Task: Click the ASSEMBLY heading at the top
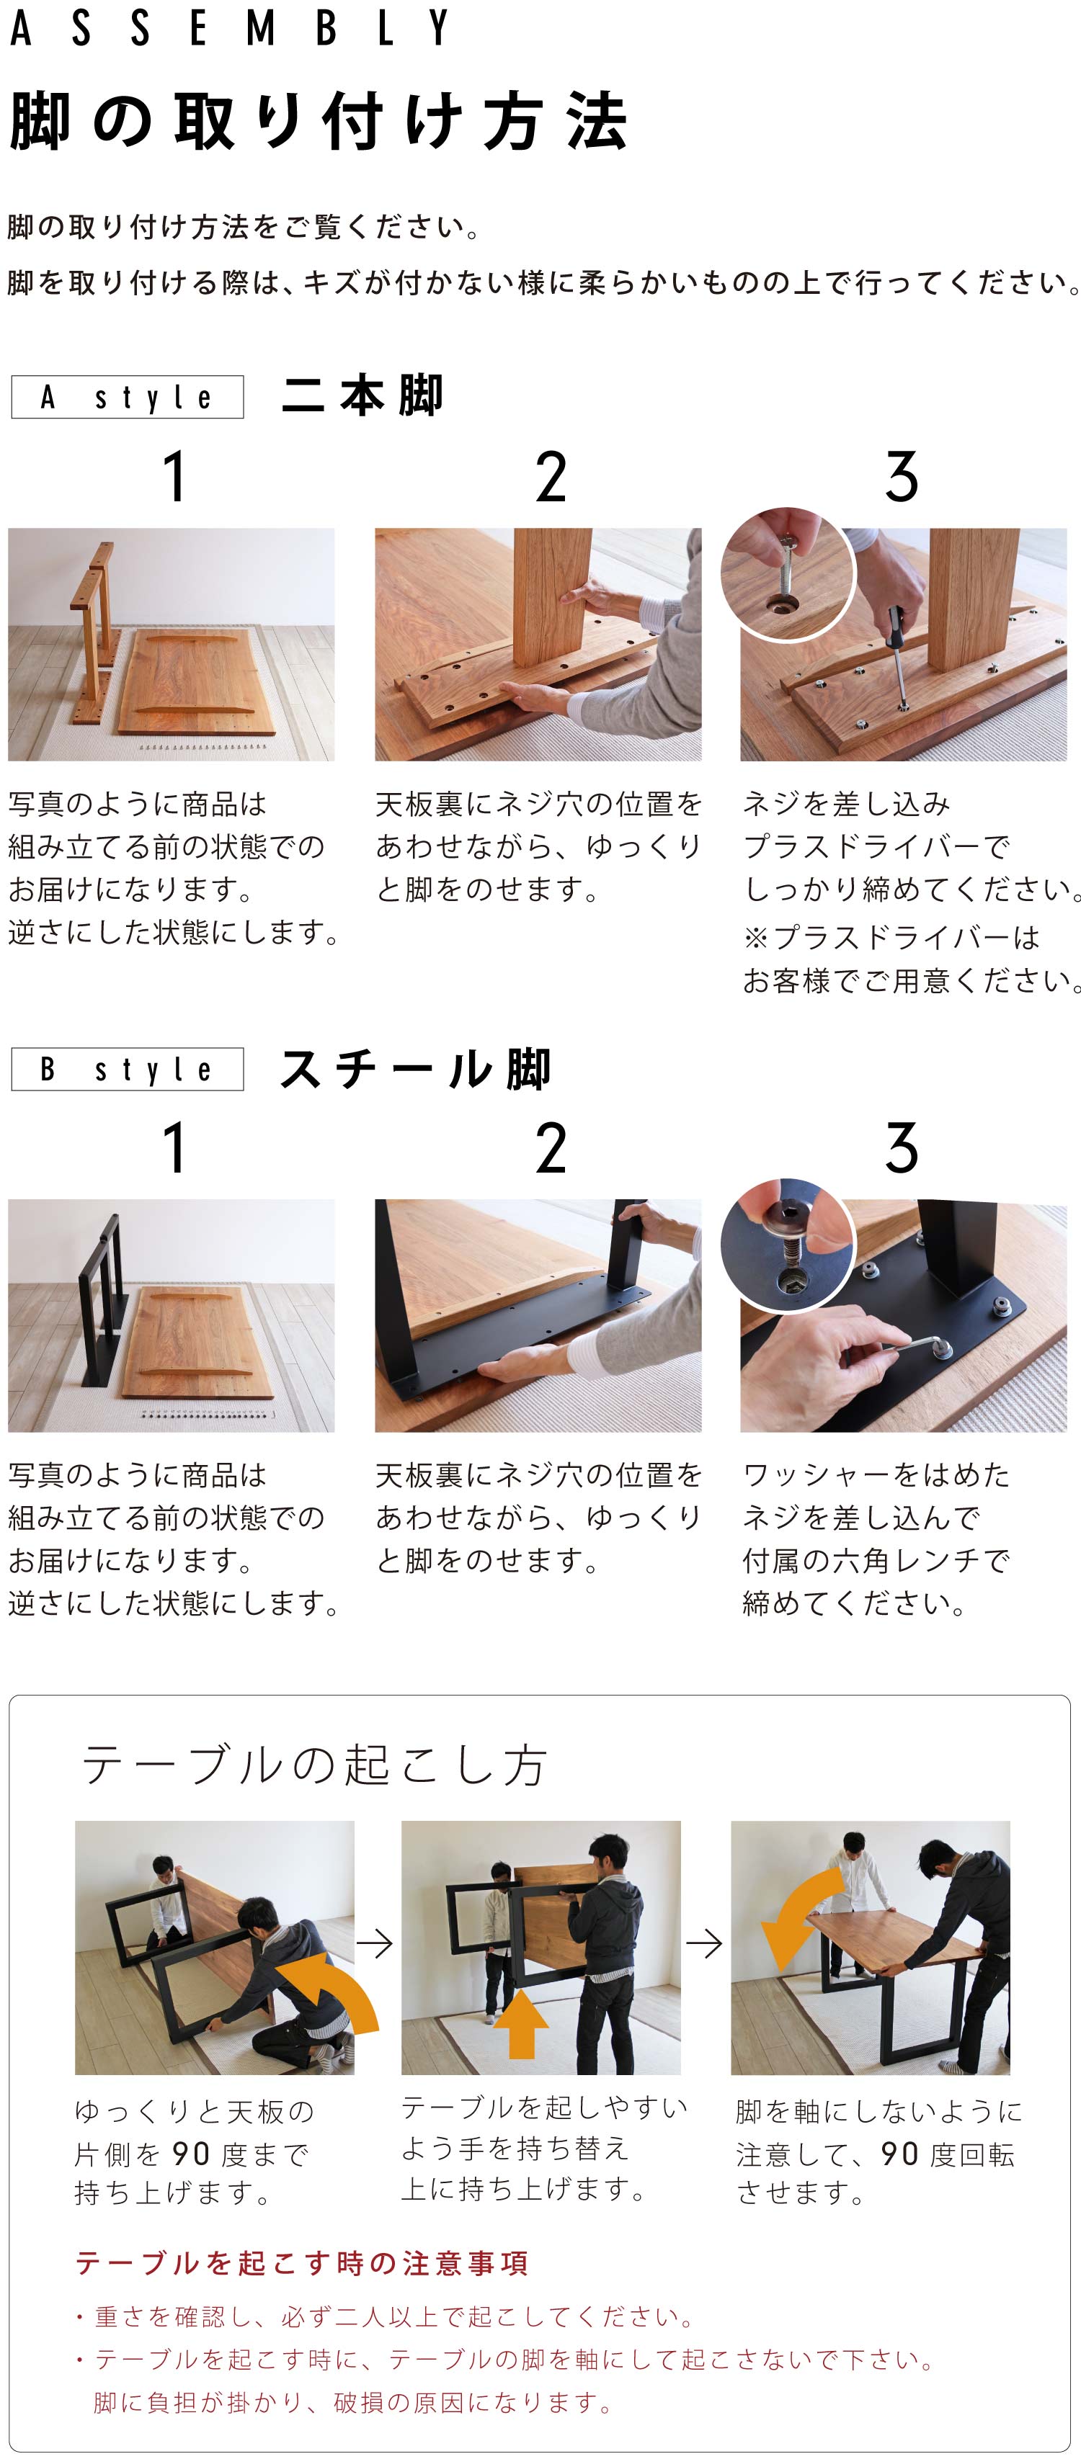click(x=229, y=29)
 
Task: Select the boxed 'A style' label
click(x=127, y=397)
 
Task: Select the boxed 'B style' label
click(x=127, y=1069)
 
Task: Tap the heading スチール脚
click(x=414, y=1069)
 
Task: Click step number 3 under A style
click(x=902, y=478)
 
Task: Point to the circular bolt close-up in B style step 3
click(x=787, y=1246)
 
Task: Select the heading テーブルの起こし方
click(x=314, y=1765)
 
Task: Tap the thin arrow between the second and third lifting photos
click(x=704, y=1943)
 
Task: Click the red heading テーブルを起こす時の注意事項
click(x=301, y=2263)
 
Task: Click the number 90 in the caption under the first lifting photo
click(x=192, y=2154)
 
